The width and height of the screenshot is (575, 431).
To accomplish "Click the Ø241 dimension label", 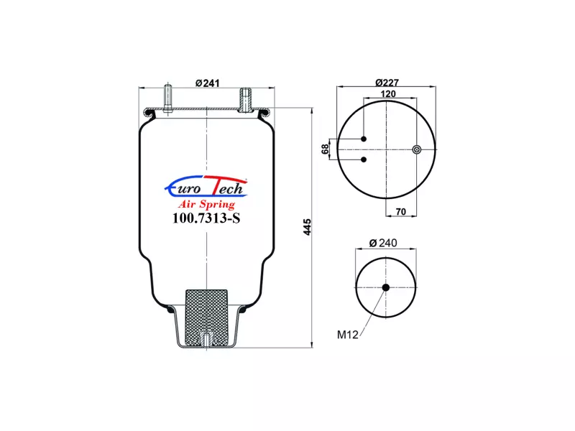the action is tap(207, 83).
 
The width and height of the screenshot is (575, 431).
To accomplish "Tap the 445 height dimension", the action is tap(308, 227).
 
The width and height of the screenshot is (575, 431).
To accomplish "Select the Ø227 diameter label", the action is tap(387, 83).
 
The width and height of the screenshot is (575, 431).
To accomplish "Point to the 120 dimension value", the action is tap(388, 94).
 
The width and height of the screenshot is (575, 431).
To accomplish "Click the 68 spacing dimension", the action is tap(325, 149).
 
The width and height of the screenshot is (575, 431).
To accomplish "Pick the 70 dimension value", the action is tap(401, 212).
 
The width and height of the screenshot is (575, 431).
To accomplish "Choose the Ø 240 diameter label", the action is tap(383, 243).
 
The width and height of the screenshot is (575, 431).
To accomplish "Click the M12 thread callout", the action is tap(347, 335).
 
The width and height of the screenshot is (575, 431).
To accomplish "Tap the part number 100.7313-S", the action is tap(206, 218).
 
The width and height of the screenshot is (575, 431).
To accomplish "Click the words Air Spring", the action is tap(206, 204).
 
